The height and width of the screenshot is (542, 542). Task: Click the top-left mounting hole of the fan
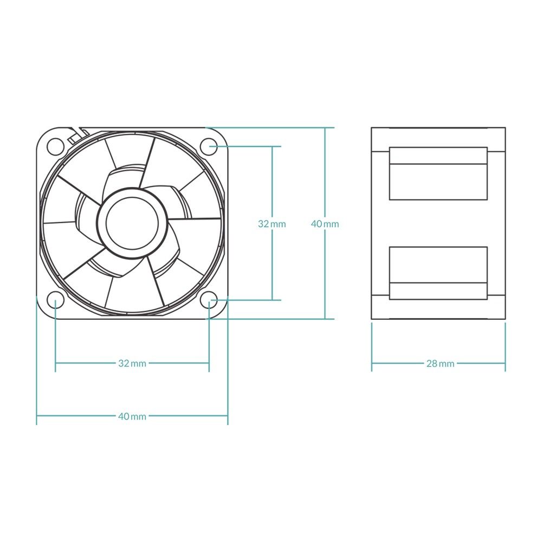click(55, 145)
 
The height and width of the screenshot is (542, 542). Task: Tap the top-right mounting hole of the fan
click(209, 145)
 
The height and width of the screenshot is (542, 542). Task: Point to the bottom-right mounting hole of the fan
click(209, 300)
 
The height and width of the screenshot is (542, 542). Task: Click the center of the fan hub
click(132, 223)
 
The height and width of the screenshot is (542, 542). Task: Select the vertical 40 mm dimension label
click(325, 223)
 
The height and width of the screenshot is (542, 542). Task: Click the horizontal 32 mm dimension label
click(132, 363)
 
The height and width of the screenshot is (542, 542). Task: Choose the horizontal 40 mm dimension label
click(132, 416)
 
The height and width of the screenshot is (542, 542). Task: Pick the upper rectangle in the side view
click(438, 173)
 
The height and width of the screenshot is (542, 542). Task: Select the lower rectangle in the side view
click(438, 273)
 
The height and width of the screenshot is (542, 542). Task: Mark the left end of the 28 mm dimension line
click(372, 363)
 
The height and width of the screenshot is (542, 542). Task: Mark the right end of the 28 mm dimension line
click(505, 363)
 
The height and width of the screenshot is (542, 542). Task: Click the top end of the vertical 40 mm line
click(325, 128)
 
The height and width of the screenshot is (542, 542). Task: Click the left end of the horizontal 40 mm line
click(37, 416)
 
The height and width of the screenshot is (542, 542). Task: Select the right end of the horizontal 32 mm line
click(209, 363)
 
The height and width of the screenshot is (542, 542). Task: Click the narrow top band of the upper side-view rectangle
click(438, 156)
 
